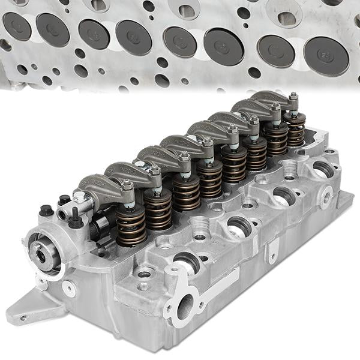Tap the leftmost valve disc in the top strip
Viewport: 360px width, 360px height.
click(16, 26)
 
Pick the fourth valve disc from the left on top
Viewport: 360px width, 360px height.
click(134, 38)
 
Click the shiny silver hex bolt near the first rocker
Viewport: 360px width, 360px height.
click(79, 196)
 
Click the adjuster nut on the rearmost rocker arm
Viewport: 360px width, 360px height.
click(293, 97)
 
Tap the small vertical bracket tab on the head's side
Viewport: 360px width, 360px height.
click(273, 249)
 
